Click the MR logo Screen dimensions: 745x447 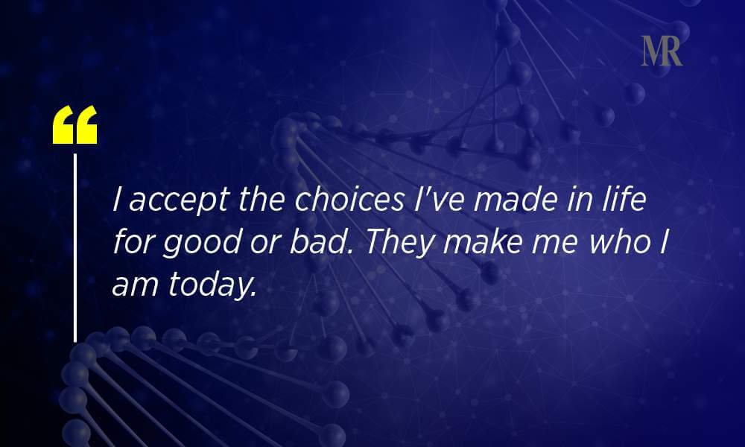662,51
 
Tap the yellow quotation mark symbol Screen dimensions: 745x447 75,124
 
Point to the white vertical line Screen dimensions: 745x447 75,247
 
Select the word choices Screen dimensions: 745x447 349,199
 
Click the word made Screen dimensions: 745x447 516,199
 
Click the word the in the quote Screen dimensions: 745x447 261,199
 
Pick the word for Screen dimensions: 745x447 133,241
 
